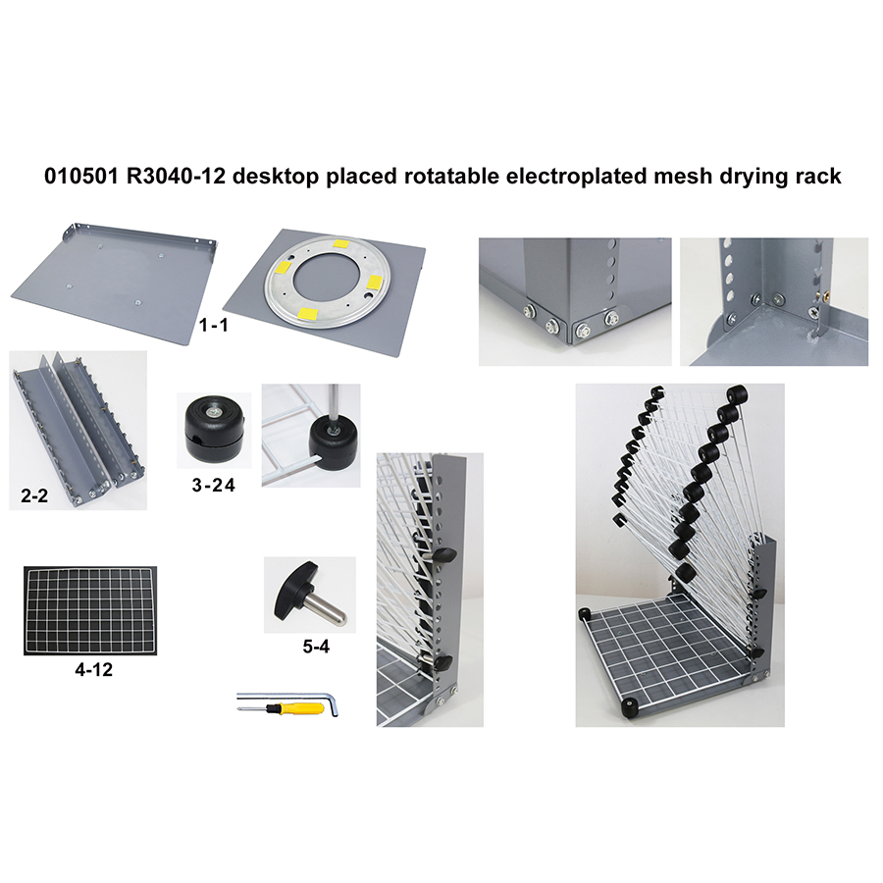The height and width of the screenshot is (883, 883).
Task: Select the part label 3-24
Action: pyautogui.click(x=213, y=482)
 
